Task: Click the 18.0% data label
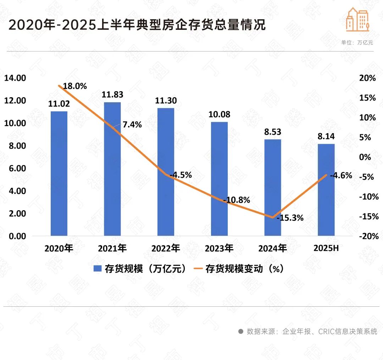tap(75, 86)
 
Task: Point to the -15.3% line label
tap(290, 218)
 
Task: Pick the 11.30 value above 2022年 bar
tap(166, 101)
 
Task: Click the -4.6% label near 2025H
tap(341, 175)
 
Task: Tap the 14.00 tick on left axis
tap(15, 78)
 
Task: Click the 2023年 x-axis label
tap(219, 248)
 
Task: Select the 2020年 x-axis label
tap(59, 248)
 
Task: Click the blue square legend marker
tap(97, 269)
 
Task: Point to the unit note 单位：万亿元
tap(357, 42)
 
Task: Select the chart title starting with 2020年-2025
tap(137, 26)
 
